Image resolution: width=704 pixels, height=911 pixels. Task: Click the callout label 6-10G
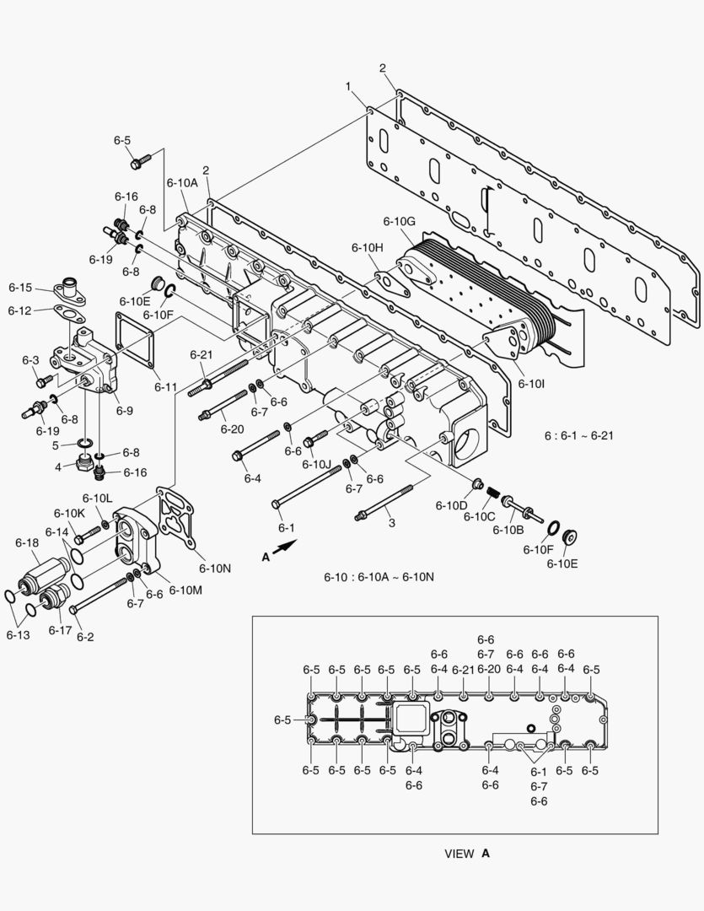(399, 221)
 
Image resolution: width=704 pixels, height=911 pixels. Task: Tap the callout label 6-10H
(368, 247)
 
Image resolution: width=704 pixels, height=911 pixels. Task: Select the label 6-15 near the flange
(20, 288)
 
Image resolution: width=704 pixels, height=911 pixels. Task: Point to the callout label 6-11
(166, 387)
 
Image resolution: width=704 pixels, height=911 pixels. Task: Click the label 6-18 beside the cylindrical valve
(27, 544)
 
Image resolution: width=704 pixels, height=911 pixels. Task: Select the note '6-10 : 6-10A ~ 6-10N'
(379, 577)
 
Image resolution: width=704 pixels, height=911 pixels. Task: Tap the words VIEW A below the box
(466, 853)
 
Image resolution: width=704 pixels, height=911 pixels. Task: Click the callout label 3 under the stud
(391, 523)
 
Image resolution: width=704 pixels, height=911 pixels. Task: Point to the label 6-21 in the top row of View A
(464, 670)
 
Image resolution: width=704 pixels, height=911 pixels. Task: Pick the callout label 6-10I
(531, 383)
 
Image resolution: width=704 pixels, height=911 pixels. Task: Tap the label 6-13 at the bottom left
(19, 634)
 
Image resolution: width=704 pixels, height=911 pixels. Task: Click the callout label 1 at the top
(348, 86)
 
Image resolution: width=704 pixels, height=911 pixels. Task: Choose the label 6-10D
(451, 505)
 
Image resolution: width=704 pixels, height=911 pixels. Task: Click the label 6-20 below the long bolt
(232, 429)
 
